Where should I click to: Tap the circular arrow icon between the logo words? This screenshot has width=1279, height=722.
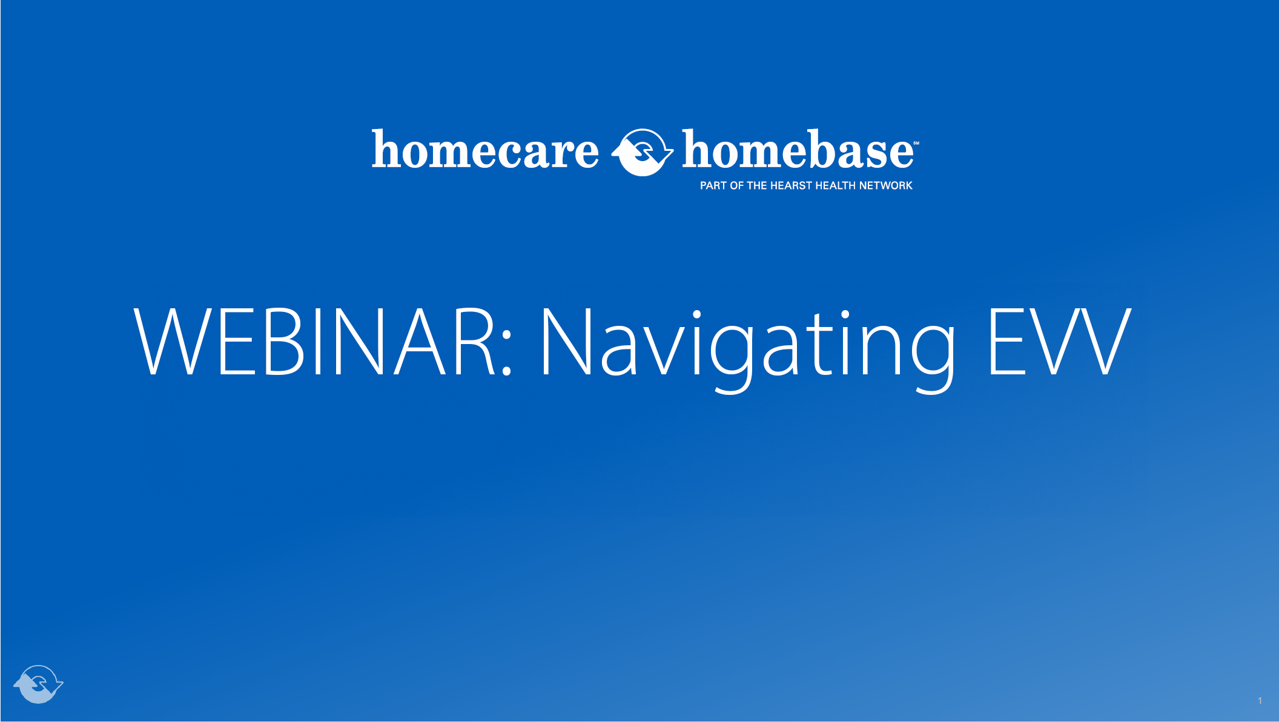(x=642, y=152)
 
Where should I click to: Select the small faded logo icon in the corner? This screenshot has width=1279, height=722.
(x=38, y=684)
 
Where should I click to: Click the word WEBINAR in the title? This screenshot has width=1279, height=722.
(x=316, y=342)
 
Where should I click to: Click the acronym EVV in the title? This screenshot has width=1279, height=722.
(x=1059, y=342)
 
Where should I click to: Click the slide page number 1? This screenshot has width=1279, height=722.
(x=1260, y=701)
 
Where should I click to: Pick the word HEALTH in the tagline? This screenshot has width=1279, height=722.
(x=835, y=185)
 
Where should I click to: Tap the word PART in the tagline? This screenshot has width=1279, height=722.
(x=713, y=185)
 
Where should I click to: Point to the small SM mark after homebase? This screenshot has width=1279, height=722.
(x=916, y=144)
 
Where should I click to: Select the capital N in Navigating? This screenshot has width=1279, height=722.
(x=566, y=342)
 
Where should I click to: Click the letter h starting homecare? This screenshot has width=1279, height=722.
(x=385, y=149)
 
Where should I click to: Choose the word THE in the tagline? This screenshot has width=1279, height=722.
(x=756, y=185)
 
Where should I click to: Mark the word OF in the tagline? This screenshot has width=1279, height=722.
(x=736, y=185)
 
